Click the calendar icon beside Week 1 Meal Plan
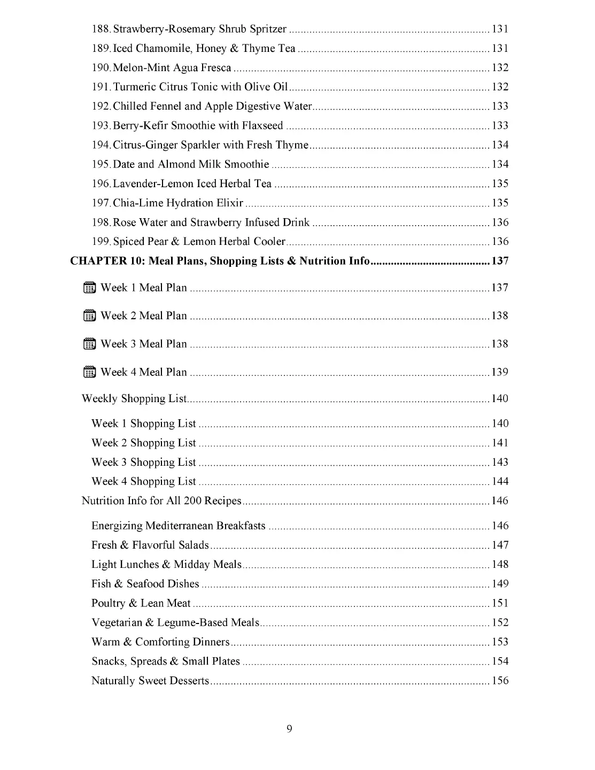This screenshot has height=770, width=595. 90,288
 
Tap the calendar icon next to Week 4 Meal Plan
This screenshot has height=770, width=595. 90,372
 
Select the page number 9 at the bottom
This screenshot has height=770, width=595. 289,728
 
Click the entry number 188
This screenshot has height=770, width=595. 101,29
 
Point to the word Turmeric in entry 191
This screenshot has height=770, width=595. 134,87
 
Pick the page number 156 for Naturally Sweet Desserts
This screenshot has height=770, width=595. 500,681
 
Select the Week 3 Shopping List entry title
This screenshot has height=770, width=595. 144,462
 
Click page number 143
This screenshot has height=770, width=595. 500,462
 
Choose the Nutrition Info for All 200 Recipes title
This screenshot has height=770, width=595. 161,501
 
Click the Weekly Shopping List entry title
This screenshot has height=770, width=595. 134,398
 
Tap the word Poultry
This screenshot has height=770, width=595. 108,603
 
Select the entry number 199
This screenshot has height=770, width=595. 101,242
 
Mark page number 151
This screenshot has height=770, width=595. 500,603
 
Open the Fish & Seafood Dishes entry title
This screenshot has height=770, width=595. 145,584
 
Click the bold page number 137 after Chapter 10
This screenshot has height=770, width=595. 500,261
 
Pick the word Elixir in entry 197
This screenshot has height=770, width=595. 230,203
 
